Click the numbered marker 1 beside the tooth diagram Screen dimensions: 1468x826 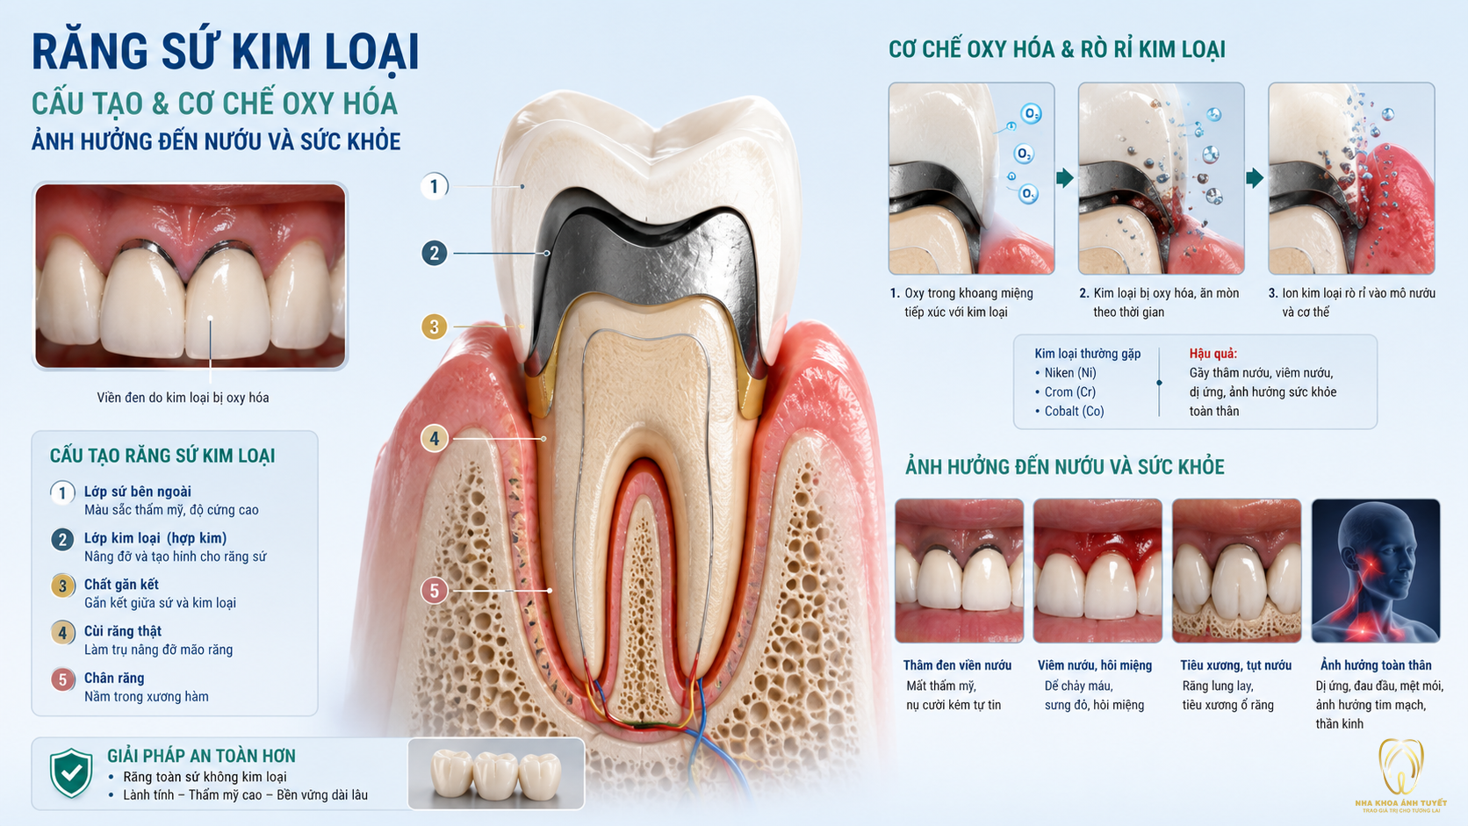434,187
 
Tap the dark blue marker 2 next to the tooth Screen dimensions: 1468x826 434,254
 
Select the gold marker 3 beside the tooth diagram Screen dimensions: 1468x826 434,327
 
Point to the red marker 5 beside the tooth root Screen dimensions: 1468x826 434,591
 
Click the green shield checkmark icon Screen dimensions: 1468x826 71,773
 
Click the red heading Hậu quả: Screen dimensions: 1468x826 1213,354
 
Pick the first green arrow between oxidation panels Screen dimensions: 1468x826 1065,177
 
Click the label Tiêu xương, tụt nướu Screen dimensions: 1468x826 1236,665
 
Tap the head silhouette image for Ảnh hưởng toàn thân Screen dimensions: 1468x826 1376,571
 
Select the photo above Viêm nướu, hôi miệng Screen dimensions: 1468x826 1097,571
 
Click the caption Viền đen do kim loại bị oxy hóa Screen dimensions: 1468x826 183,398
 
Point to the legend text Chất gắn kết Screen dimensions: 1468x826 121,585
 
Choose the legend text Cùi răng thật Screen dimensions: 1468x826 123,631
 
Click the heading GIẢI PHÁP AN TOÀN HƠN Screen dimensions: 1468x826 201,756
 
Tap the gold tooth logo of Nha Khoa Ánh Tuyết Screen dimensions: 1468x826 1401,766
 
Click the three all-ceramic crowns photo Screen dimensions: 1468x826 496,774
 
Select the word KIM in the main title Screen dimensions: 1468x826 270,51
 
